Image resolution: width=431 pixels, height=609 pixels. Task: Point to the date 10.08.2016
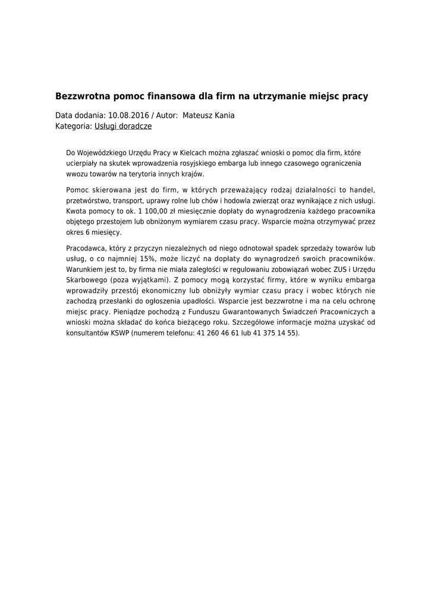[x=129, y=115]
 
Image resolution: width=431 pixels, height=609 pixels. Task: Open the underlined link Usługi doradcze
[x=123, y=126]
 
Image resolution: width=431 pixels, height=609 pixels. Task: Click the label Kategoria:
[x=74, y=126]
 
